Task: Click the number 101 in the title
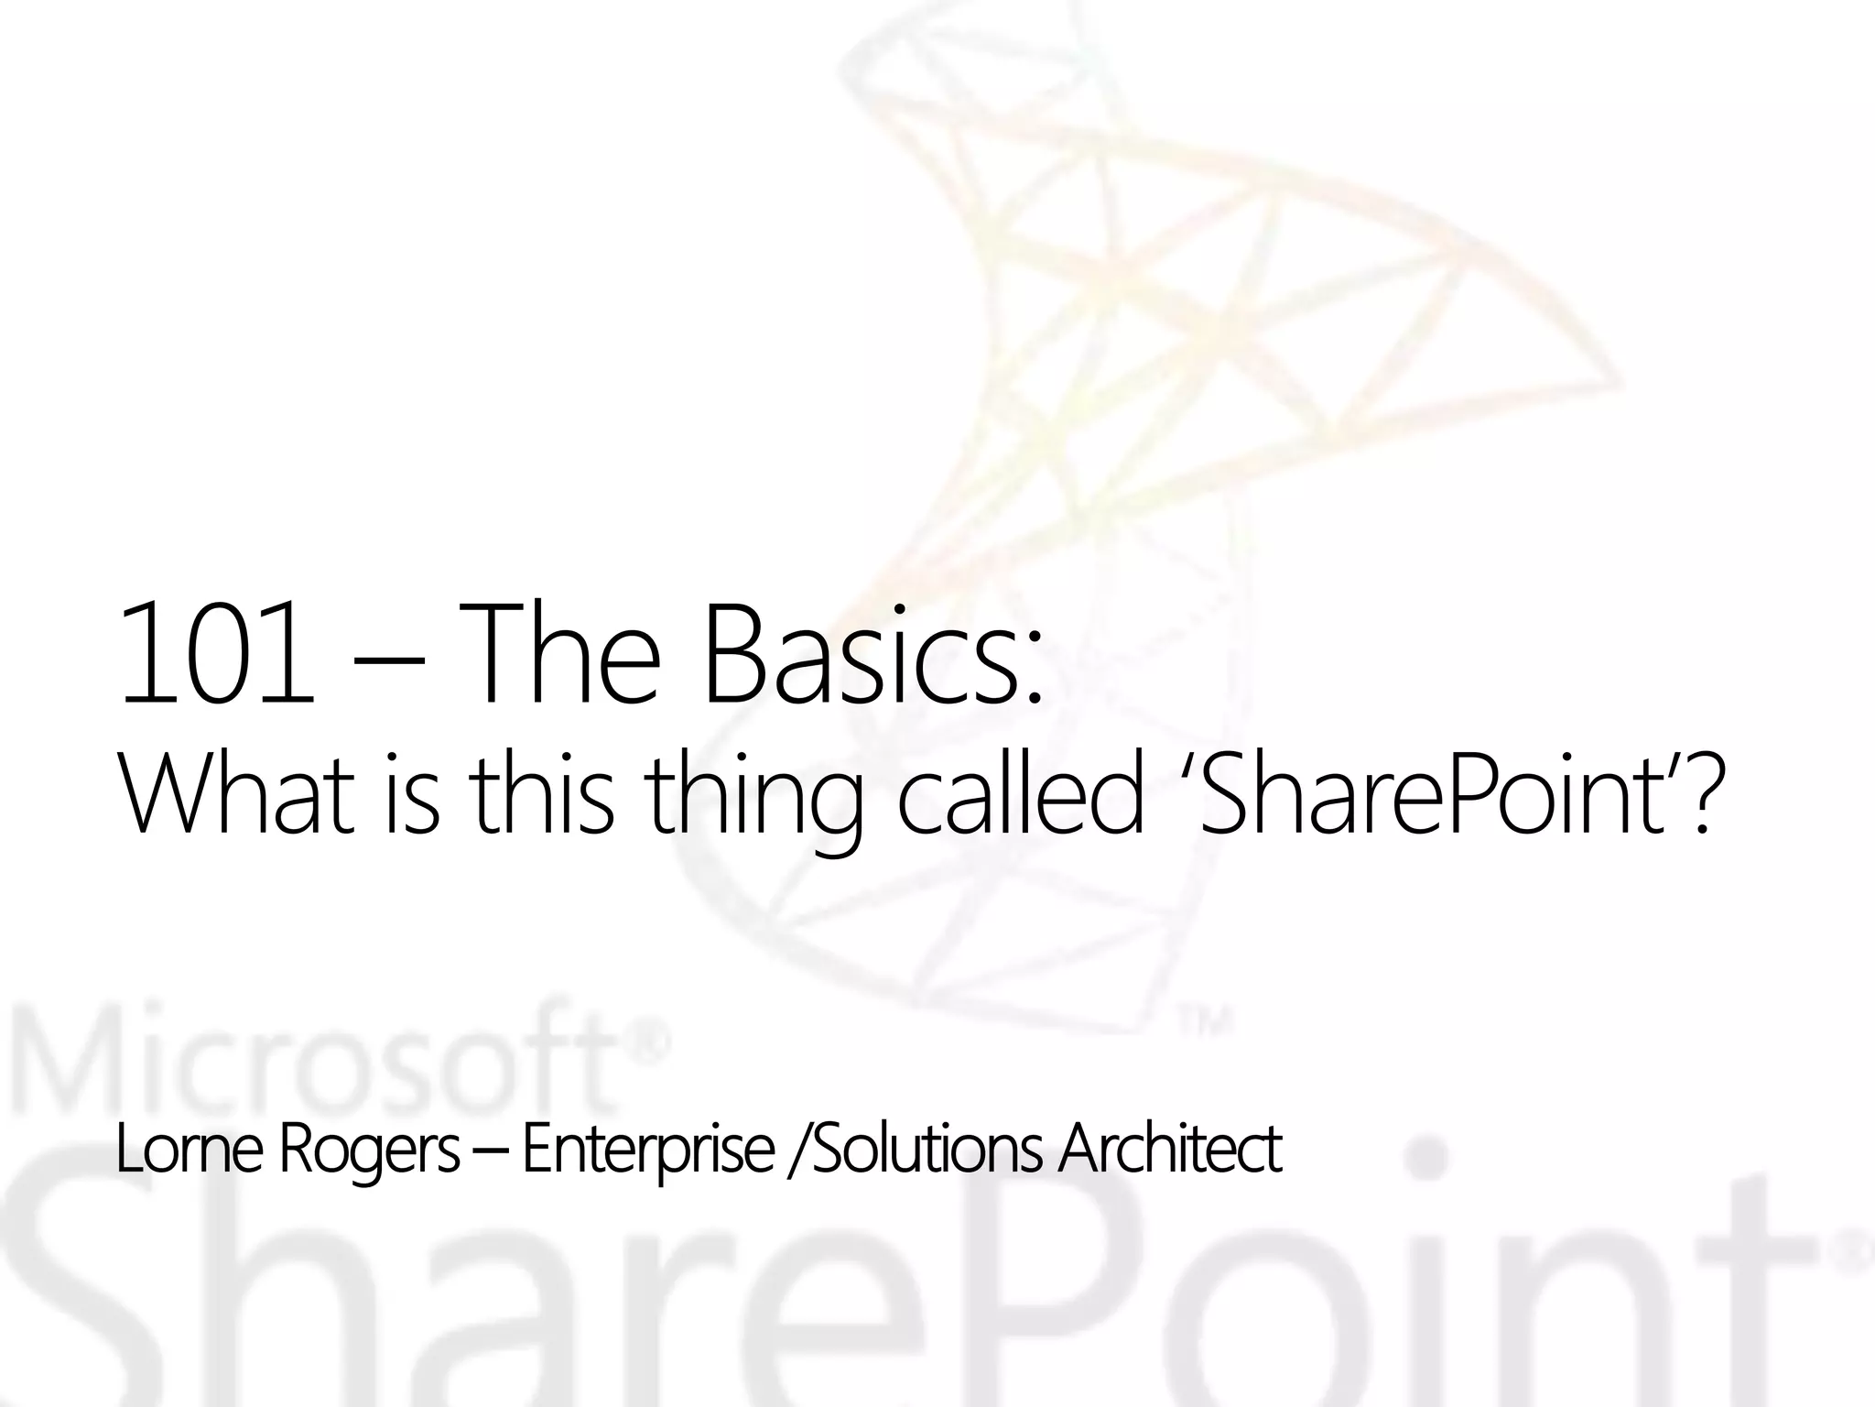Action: click(215, 651)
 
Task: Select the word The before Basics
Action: click(565, 651)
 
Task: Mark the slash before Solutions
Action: click(798, 1151)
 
